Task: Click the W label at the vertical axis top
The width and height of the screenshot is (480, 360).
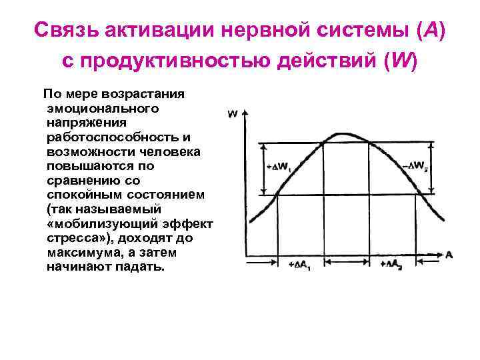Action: (232, 114)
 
